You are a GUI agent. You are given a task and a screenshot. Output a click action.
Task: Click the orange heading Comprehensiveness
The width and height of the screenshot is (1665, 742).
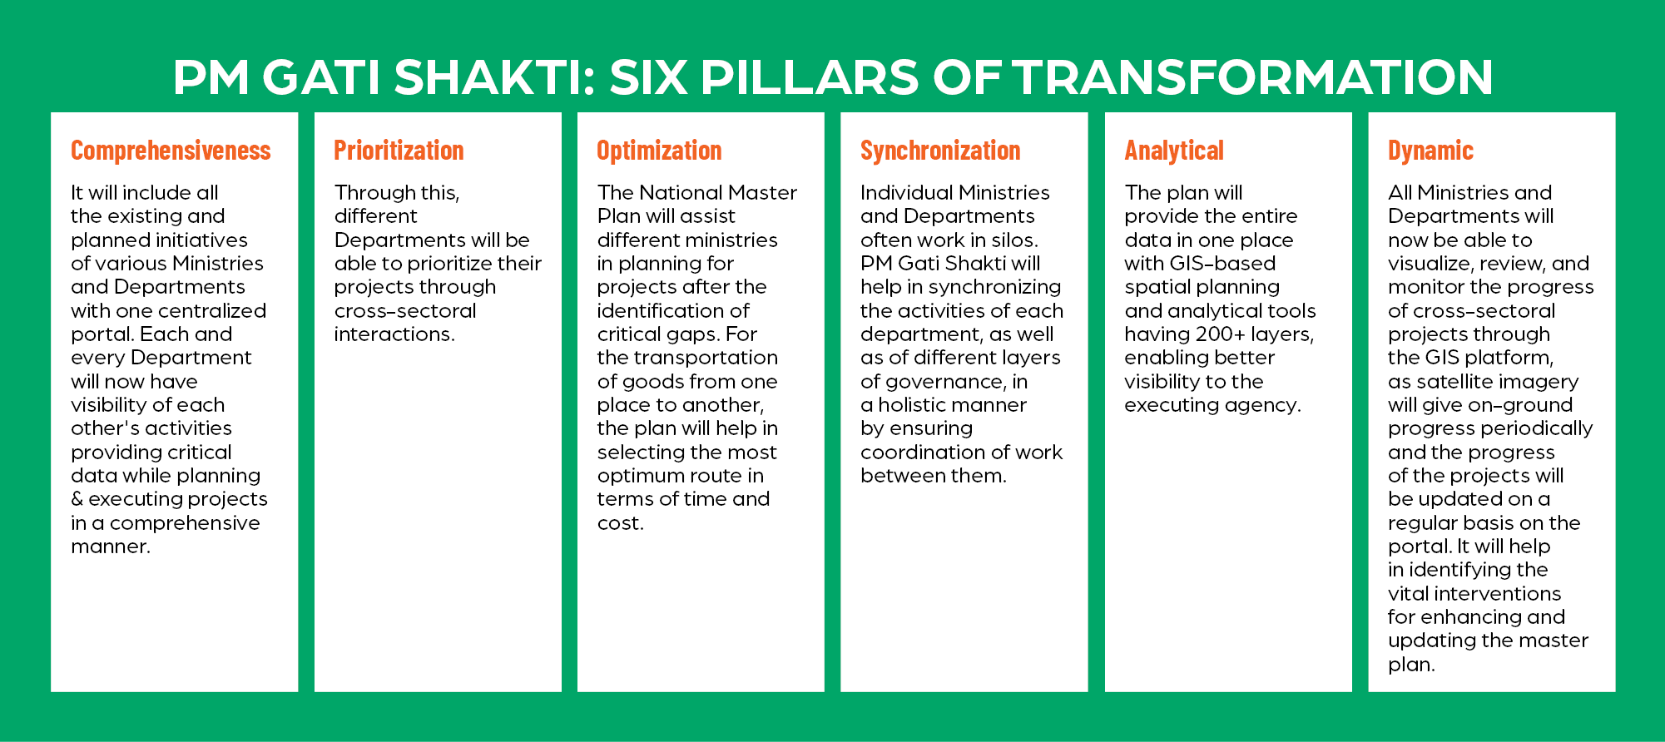pos(171,151)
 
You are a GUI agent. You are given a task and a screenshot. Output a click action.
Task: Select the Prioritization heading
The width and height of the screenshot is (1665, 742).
pos(399,151)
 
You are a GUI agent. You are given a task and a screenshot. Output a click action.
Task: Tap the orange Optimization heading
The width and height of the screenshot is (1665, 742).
pos(659,151)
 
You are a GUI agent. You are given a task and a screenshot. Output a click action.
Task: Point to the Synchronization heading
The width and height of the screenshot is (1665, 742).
pos(940,151)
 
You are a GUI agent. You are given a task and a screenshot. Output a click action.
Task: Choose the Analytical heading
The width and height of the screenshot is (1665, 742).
pos(1174,151)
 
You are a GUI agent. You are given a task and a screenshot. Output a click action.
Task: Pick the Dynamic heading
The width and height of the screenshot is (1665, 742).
pos(1430,151)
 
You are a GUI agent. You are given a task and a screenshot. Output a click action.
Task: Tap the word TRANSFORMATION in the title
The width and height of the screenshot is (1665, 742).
pos(1252,77)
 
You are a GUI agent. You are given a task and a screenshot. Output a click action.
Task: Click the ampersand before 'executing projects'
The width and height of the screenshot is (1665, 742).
pos(77,499)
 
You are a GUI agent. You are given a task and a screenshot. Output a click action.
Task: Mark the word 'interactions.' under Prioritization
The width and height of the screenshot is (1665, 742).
pos(394,334)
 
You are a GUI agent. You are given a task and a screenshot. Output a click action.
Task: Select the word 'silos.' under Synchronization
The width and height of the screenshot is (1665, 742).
pos(1015,240)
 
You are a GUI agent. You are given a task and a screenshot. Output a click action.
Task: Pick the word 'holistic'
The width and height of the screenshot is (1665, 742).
pos(953,405)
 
